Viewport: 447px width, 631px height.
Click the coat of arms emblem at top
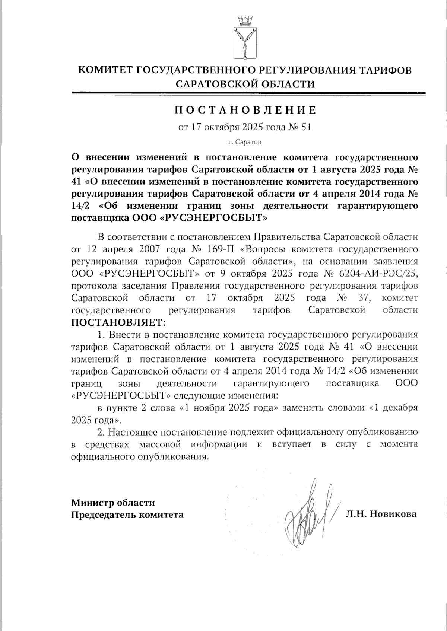tap(245, 44)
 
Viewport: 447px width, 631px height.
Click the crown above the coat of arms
tap(245, 19)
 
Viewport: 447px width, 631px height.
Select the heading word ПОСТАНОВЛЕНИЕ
tap(245, 110)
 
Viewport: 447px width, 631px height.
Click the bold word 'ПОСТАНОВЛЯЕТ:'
tap(118, 321)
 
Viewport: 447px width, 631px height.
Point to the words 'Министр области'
tap(113, 503)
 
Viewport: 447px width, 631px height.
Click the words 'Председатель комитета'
tap(127, 515)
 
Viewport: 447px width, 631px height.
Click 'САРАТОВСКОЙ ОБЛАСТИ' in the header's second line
tap(245, 84)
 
